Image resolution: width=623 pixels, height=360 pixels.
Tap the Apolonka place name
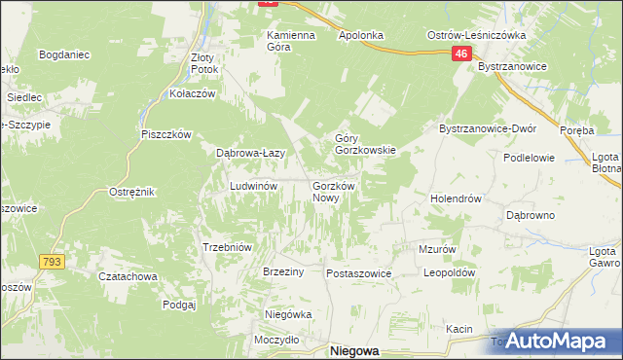coord(360,35)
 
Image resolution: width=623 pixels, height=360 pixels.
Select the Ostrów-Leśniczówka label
coord(477,35)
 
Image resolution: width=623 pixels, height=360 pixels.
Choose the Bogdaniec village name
coord(64,54)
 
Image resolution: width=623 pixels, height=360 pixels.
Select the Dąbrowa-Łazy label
coord(249,154)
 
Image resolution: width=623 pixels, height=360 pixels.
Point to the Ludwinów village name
coord(254,185)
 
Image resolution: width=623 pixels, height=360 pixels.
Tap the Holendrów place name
coord(457,198)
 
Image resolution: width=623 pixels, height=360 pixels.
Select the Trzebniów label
coord(227,247)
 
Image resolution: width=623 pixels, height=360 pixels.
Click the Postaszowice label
coord(358,273)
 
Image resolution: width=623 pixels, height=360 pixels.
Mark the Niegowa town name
coord(354,351)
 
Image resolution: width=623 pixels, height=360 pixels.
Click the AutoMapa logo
coord(551,341)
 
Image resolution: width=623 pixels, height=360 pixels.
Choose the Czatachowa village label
coord(128,275)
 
